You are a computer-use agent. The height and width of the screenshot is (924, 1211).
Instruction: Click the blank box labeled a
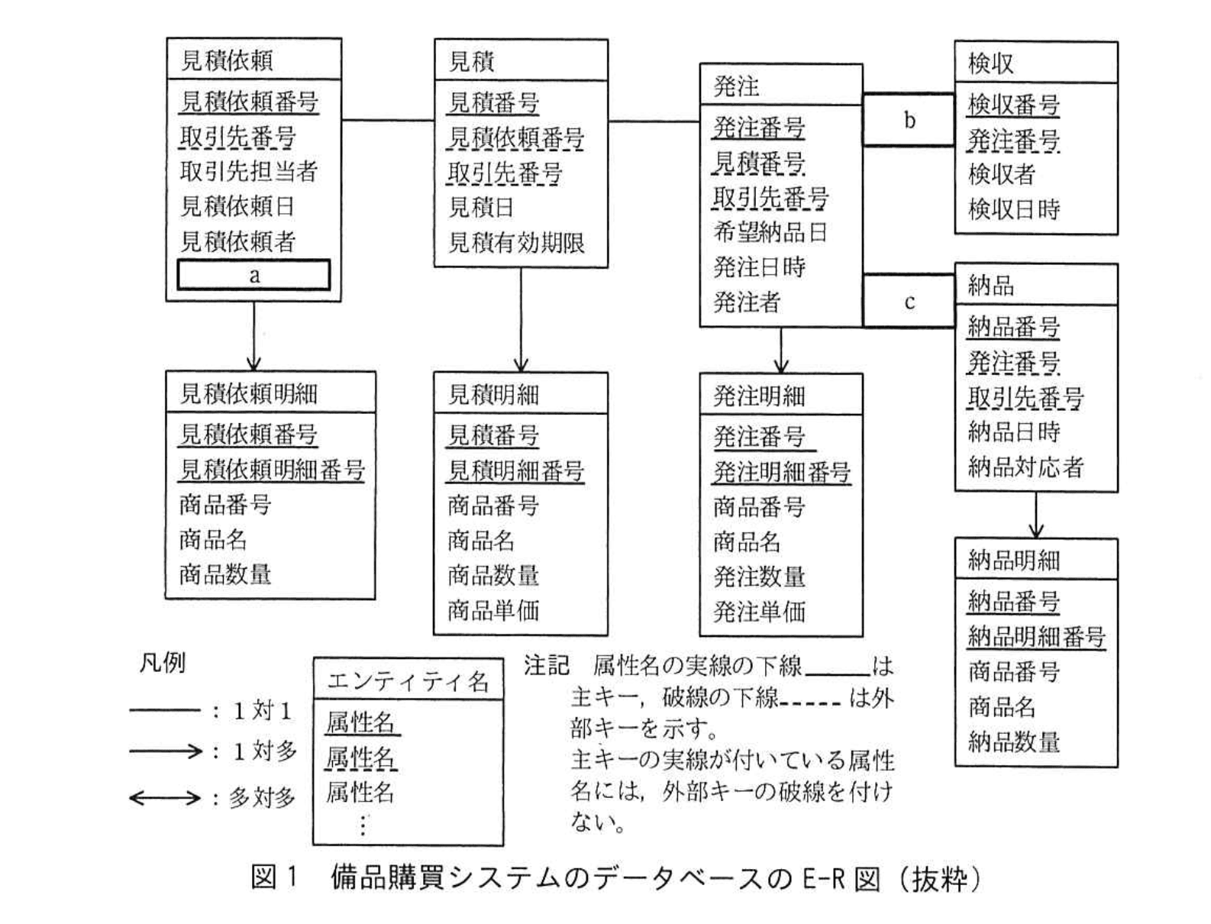(x=254, y=275)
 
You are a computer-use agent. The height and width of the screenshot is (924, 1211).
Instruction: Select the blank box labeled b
(x=909, y=120)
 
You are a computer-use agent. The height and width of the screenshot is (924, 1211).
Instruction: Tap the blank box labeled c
(x=909, y=302)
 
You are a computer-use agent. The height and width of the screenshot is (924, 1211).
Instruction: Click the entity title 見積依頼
(x=227, y=60)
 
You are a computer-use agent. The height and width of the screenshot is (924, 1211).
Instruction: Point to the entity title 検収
(x=990, y=63)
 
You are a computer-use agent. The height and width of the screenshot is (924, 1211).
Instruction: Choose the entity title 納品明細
(x=1013, y=561)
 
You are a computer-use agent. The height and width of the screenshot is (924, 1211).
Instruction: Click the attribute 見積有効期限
(x=516, y=243)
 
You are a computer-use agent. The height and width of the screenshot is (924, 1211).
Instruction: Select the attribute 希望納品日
(x=770, y=232)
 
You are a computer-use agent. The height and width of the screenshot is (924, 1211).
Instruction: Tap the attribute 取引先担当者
(x=248, y=171)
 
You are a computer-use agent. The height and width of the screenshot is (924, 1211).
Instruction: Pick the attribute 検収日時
(x=1013, y=209)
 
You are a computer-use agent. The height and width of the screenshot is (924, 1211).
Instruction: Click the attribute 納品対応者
(x=1025, y=467)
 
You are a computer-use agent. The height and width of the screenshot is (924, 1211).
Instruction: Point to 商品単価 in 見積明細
(x=492, y=610)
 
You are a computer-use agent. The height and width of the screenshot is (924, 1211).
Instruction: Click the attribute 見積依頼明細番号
(x=271, y=470)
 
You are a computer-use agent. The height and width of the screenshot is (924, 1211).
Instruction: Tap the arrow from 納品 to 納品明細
(x=1035, y=515)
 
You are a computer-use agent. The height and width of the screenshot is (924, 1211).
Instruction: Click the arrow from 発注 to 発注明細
(x=780, y=351)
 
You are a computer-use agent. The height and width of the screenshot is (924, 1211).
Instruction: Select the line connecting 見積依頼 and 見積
(x=387, y=120)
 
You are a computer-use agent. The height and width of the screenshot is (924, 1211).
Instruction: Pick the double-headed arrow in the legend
(x=164, y=799)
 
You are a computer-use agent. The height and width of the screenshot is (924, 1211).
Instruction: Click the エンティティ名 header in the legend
(x=407, y=680)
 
